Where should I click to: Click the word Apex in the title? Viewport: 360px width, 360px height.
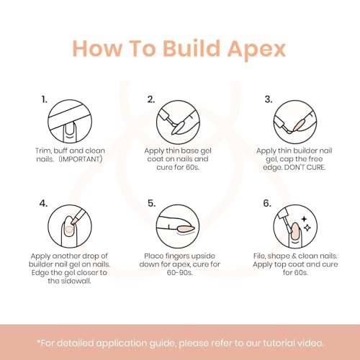click(x=256, y=49)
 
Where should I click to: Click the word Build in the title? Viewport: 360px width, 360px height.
click(x=192, y=48)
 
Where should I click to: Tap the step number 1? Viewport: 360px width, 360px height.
click(x=44, y=99)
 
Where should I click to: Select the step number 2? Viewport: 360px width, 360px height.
click(x=151, y=99)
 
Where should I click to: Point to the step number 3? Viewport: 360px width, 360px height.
click(x=269, y=99)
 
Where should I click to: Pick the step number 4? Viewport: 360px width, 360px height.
click(x=43, y=203)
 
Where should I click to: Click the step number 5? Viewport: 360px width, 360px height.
click(x=151, y=203)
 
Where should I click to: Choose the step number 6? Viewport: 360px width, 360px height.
click(x=267, y=203)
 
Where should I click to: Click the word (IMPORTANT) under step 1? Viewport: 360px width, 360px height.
click(x=81, y=159)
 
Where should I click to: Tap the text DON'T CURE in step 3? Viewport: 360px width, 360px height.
click(x=305, y=167)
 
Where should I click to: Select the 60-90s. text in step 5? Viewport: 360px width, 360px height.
click(x=180, y=272)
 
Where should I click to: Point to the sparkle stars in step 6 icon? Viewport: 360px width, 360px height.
click(x=306, y=224)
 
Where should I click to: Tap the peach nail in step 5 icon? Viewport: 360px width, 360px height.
click(x=186, y=229)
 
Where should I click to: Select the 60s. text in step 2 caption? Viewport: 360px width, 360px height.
click(x=192, y=167)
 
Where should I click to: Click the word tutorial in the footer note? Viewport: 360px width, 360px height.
click(x=279, y=343)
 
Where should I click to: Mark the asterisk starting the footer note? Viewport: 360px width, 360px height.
click(x=38, y=341)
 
